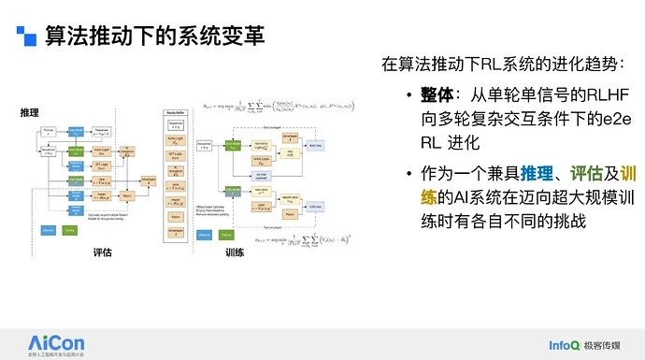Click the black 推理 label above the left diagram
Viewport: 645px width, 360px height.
click(x=30, y=112)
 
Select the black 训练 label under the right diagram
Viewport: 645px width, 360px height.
click(x=235, y=253)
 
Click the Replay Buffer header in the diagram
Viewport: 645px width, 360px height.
click(x=178, y=109)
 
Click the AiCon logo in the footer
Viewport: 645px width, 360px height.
click(x=57, y=339)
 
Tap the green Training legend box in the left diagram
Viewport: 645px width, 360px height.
click(x=70, y=229)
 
